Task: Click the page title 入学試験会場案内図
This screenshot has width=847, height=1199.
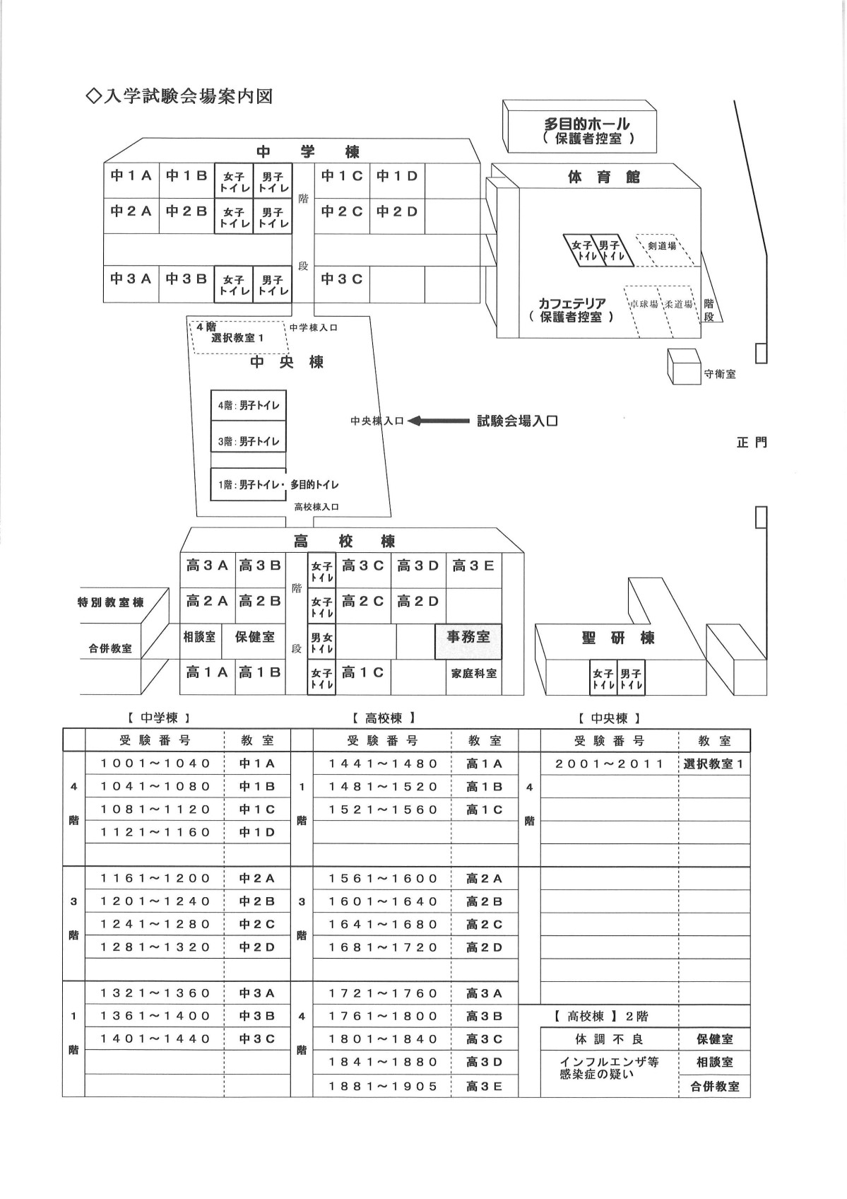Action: (179, 96)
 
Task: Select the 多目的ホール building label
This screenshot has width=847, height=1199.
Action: (587, 124)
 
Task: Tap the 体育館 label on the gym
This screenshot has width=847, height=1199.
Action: (604, 177)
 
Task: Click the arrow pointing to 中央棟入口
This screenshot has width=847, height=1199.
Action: (439, 421)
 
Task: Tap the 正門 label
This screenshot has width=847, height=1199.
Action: (752, 442)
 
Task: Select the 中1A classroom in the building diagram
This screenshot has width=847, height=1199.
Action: (131, 181)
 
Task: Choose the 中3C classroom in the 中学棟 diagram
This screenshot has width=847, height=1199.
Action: (342, 284)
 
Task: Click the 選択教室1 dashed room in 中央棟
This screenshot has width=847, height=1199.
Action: (237, 337)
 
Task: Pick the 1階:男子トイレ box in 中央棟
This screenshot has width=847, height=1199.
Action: (248, 484)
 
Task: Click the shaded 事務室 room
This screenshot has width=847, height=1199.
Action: (468, 641)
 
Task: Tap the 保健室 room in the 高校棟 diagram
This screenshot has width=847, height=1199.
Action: (254, 641)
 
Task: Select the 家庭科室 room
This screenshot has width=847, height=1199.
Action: (474, 677)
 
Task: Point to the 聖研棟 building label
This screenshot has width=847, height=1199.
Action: (617, 638)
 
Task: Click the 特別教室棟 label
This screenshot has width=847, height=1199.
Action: (111, 603)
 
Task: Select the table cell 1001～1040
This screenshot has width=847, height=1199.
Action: (155, 764)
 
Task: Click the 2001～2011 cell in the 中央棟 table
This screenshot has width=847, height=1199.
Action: (610, 764)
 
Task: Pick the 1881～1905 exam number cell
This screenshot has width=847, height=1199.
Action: (383, 1087)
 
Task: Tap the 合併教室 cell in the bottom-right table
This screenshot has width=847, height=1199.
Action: (714, 1087)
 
